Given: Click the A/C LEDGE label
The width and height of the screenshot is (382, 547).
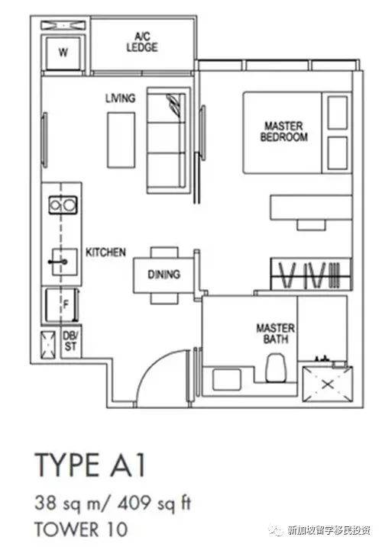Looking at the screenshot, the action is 142,42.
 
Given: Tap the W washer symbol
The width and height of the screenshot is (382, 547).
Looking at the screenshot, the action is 63,53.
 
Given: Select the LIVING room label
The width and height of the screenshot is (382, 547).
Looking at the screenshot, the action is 120,98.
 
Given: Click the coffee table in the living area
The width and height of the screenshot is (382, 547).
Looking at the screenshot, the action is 121,140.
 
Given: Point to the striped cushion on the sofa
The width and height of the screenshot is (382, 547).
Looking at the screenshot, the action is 175,107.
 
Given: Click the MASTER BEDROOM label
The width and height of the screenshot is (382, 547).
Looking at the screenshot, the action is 283,131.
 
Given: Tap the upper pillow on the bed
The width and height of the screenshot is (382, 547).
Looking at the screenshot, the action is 338,113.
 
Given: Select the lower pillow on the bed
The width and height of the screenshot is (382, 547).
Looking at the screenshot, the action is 338,153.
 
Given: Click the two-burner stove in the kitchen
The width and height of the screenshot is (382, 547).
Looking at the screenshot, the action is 63,204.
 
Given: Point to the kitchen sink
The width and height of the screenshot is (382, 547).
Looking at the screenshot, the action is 65,262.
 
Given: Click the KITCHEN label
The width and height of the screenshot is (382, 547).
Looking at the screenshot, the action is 105,252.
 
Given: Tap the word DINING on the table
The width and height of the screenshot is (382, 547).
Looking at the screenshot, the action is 163,274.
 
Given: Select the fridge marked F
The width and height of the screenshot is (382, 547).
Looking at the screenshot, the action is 62,305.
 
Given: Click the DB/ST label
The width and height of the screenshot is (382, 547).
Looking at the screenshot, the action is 70,341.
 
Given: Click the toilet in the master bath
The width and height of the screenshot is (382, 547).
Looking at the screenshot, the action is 276,368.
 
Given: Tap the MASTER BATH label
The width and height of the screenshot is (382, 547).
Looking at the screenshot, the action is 275,333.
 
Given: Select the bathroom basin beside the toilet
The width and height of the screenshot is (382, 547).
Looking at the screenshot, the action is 226,379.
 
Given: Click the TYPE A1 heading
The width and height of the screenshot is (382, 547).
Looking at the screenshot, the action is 90,465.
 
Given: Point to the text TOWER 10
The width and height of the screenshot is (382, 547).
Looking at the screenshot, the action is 81,529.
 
